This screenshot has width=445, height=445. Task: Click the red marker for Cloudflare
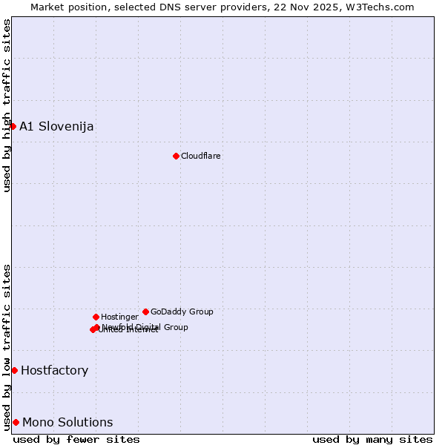pyautogui.click(x=176, y=156)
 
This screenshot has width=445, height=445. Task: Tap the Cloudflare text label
pyautogui.click(x=201, y=156)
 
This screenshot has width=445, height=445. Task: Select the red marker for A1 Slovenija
pyautogui.click(x=13, y=126)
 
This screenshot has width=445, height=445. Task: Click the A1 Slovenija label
pyautogui.click(x=56, y=126)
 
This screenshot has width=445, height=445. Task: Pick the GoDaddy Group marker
pyautogui.click(x=145, y=311)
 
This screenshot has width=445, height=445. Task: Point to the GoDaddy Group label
pyautogui.click(x=182, y=311)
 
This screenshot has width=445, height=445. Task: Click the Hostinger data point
pyautogui.click(x=96, y=317)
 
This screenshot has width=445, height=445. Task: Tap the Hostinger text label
pyautogui.click(x=119, y=317)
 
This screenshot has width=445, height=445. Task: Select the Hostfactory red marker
pyautogui.click(x=14, y=370)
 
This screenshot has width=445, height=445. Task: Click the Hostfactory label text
pyautogui.click(x=54, y=370)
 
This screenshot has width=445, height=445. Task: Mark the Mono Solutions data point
pyautogui.click(x=16, y=422)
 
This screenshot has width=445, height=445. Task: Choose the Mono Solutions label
pyautogui.click(x=67, y=422)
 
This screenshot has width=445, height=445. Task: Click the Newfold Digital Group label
pyautogui.click(x=145, y=326)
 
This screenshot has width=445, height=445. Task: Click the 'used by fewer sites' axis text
pyautogui.click(x=76, y=439)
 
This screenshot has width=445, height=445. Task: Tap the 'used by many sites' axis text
pyautogui.click(x=372, y=439)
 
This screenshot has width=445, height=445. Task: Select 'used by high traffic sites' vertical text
pyautogui.click(x=7, y=105)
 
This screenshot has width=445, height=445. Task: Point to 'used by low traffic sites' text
pyautogui.click(x=7, y=346)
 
